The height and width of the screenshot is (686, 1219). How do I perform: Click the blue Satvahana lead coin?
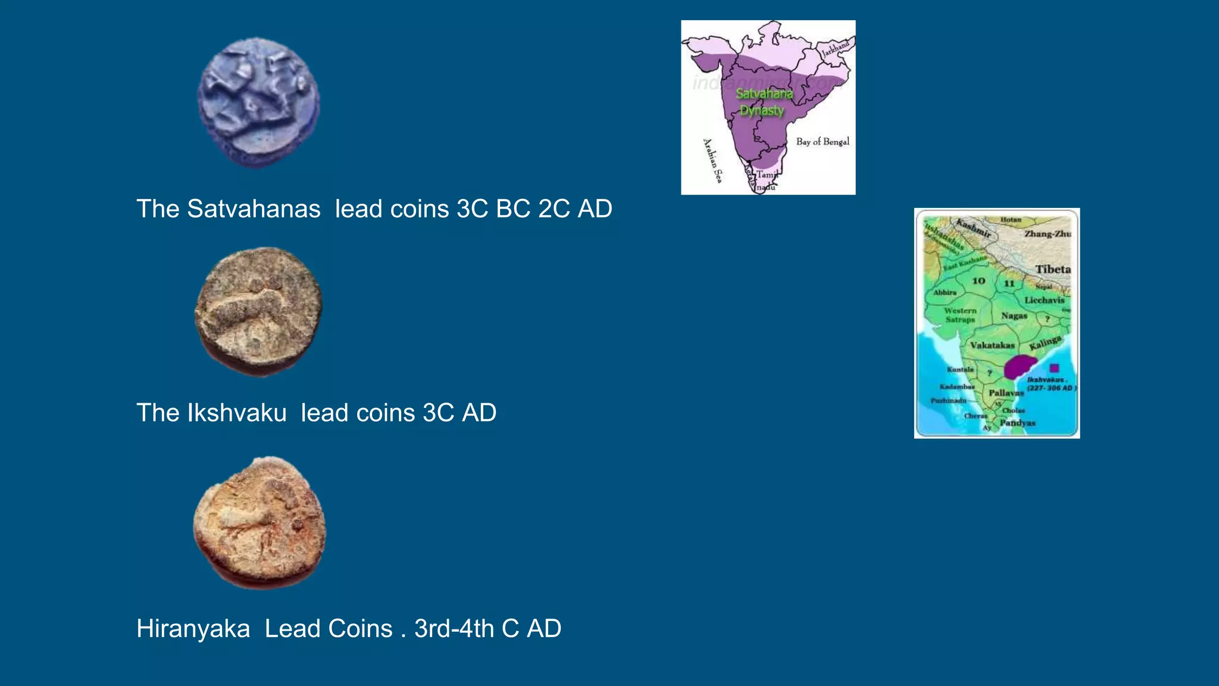point(258,102)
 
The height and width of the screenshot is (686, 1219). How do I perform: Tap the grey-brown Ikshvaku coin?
point(258,311)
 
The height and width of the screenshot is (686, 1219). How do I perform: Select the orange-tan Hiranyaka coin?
point(260,523)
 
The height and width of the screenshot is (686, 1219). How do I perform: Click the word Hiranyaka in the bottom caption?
point(193,629)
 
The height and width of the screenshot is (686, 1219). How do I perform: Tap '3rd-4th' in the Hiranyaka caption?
point(454,629)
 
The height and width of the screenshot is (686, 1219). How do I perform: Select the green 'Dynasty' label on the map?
point(762,111)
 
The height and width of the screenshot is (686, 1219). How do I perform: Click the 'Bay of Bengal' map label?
point(823,142)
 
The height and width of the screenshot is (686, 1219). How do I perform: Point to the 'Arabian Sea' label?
point(712,160)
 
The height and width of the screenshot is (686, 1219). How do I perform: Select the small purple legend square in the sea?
point(1054,368)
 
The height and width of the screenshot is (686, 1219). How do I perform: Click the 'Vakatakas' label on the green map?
point(992,345)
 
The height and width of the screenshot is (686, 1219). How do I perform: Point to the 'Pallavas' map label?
point(1006,393)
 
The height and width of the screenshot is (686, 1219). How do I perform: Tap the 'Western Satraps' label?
point(960,315)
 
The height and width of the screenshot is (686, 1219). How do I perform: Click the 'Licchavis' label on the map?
point(1044,300)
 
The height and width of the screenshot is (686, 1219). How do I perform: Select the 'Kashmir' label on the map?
point(973,228)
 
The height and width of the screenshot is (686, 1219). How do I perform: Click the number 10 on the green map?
point(979,281)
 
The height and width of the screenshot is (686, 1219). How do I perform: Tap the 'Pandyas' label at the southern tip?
point(1017,423)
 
